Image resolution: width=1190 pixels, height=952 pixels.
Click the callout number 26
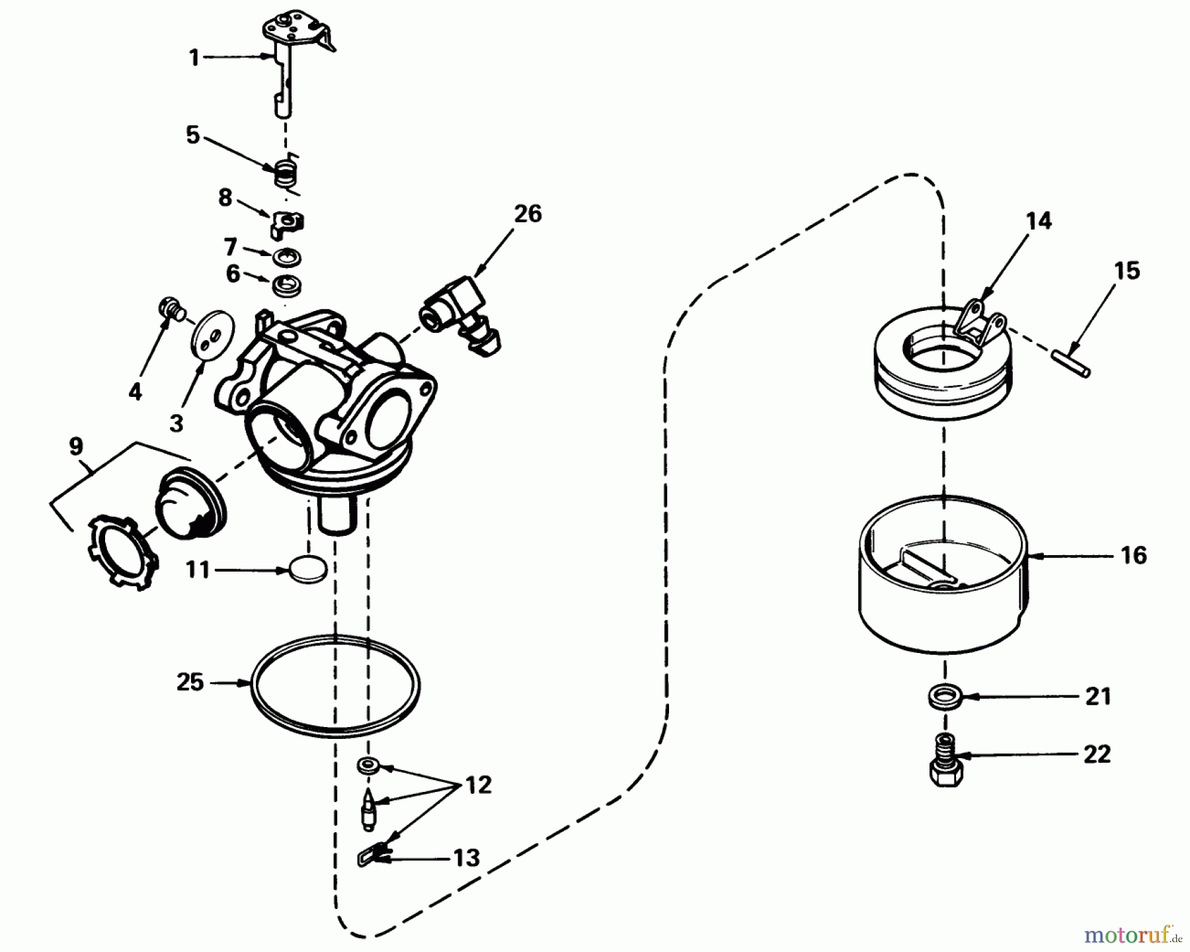(x=528, y=214)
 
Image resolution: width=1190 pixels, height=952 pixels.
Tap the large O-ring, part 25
(x=336, y=686)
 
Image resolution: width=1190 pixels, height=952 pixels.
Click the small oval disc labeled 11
(x=308, y=569)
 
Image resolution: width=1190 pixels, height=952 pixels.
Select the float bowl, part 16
(x=942, y=582)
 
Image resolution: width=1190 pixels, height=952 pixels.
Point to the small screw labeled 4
(x=171, y=308)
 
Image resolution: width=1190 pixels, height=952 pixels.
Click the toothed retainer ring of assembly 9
(x=123, y=549)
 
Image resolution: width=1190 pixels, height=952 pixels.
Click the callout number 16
(x=1133, y=556)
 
